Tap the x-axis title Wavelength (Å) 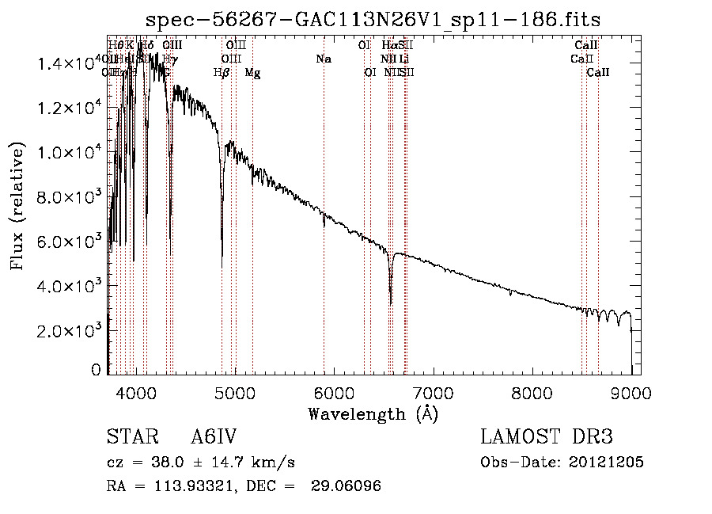click(x=373, y=413)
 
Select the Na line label click(x=323, y=59)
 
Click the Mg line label click(x=252, y=73)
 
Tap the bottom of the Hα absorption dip click(x=391, y=303)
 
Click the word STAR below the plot click(x=131, y=438)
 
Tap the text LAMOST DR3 click(x=547, y=438)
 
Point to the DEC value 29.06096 click(x=348, y=486)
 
